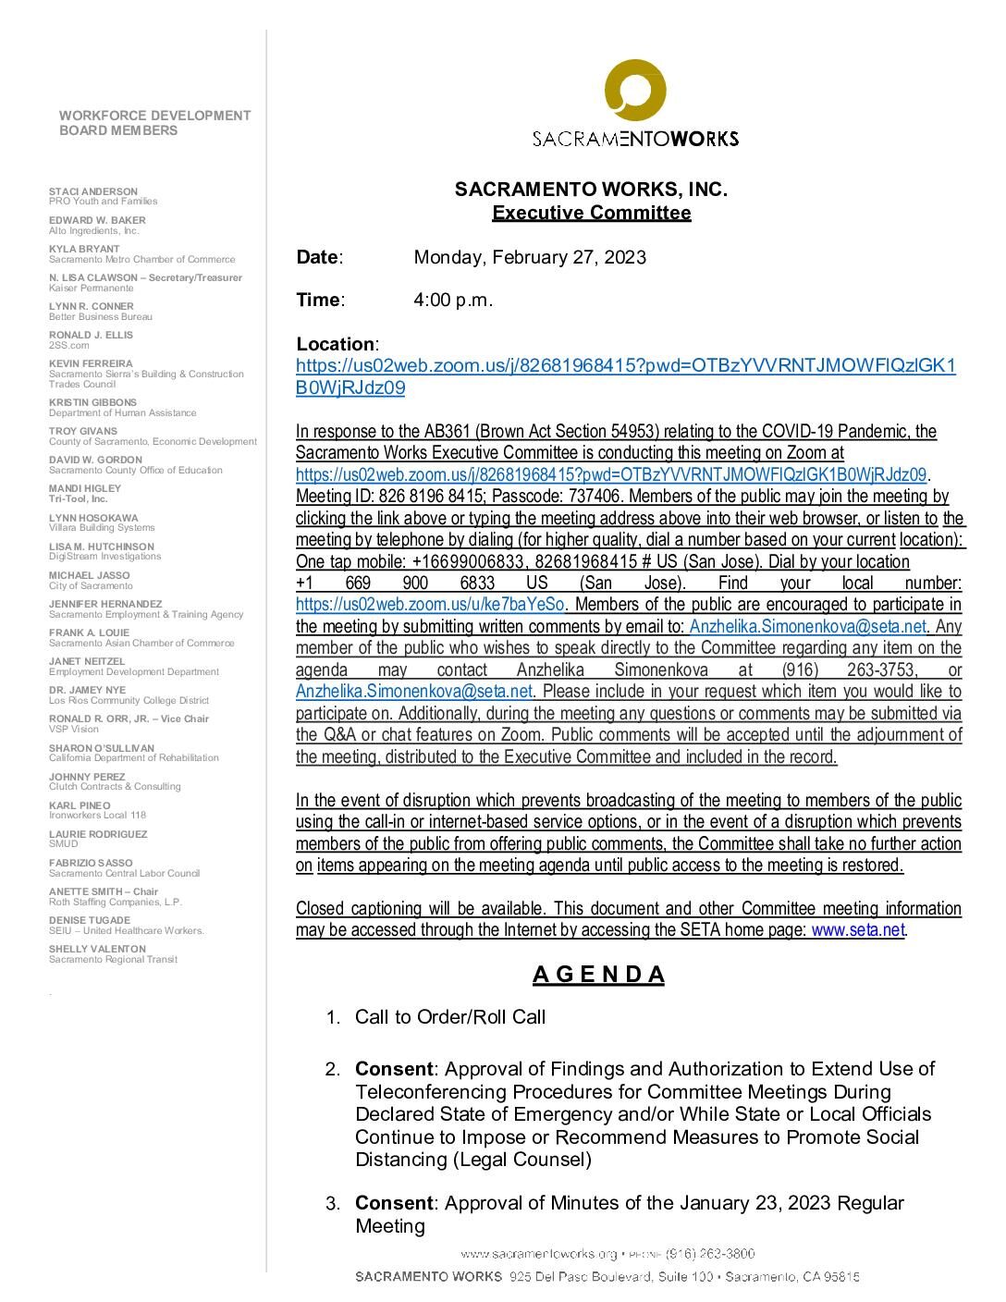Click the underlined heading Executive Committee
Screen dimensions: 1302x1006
tap(591, 213)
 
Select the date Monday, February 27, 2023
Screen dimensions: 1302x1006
tap(530, 257)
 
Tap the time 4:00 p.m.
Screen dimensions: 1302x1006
tap(453, 300)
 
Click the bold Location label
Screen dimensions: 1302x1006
tap(336, 344)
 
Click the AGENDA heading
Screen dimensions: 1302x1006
tap(598, 975)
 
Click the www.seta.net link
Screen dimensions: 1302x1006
tap(858, 930)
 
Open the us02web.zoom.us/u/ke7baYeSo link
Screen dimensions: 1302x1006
tap(430, 605)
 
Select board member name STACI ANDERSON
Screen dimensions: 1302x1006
tap(93, 191)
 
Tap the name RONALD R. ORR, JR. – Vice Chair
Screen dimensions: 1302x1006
tap(129, 719)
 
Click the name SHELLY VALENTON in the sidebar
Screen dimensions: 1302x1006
tap(97, 949)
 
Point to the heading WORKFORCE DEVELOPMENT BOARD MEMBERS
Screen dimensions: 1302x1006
tap(154, 123)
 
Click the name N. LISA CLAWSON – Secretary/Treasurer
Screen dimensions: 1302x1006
tap(145, 277)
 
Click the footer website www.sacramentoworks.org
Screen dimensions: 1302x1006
tap(538, 1254)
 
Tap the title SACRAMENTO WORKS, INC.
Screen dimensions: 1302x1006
tap(591, 190)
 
